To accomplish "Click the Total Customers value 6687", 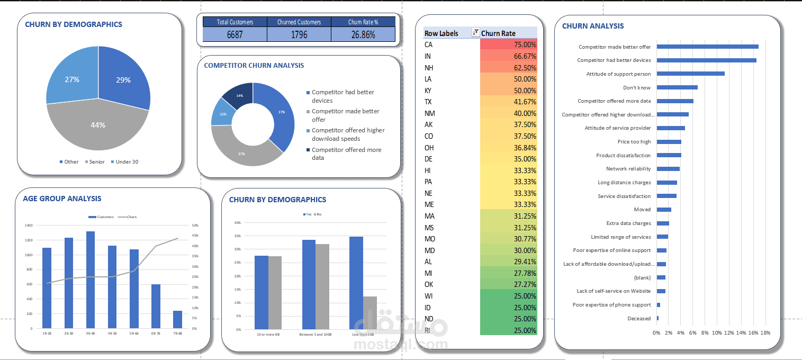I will tap(235, 34).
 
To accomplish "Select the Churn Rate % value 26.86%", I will tap(363, 34).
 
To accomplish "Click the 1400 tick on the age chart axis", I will tap(29, 226).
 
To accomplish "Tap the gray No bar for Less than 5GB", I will tap(370, 312).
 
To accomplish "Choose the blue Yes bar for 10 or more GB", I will tap(262, 292).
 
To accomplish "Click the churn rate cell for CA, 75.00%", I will tap(508, 45).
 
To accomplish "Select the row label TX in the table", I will tap(428, 102).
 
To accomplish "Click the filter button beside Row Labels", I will tap(475, 33).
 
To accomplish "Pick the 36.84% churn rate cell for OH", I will tap(508, 148).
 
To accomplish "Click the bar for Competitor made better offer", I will tap(707, 47).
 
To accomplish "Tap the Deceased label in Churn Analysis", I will tap(639, 319).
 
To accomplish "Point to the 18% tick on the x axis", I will tap(765, 332).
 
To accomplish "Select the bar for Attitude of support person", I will tap(690, 74).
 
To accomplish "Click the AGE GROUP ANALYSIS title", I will tap(62, 199).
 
